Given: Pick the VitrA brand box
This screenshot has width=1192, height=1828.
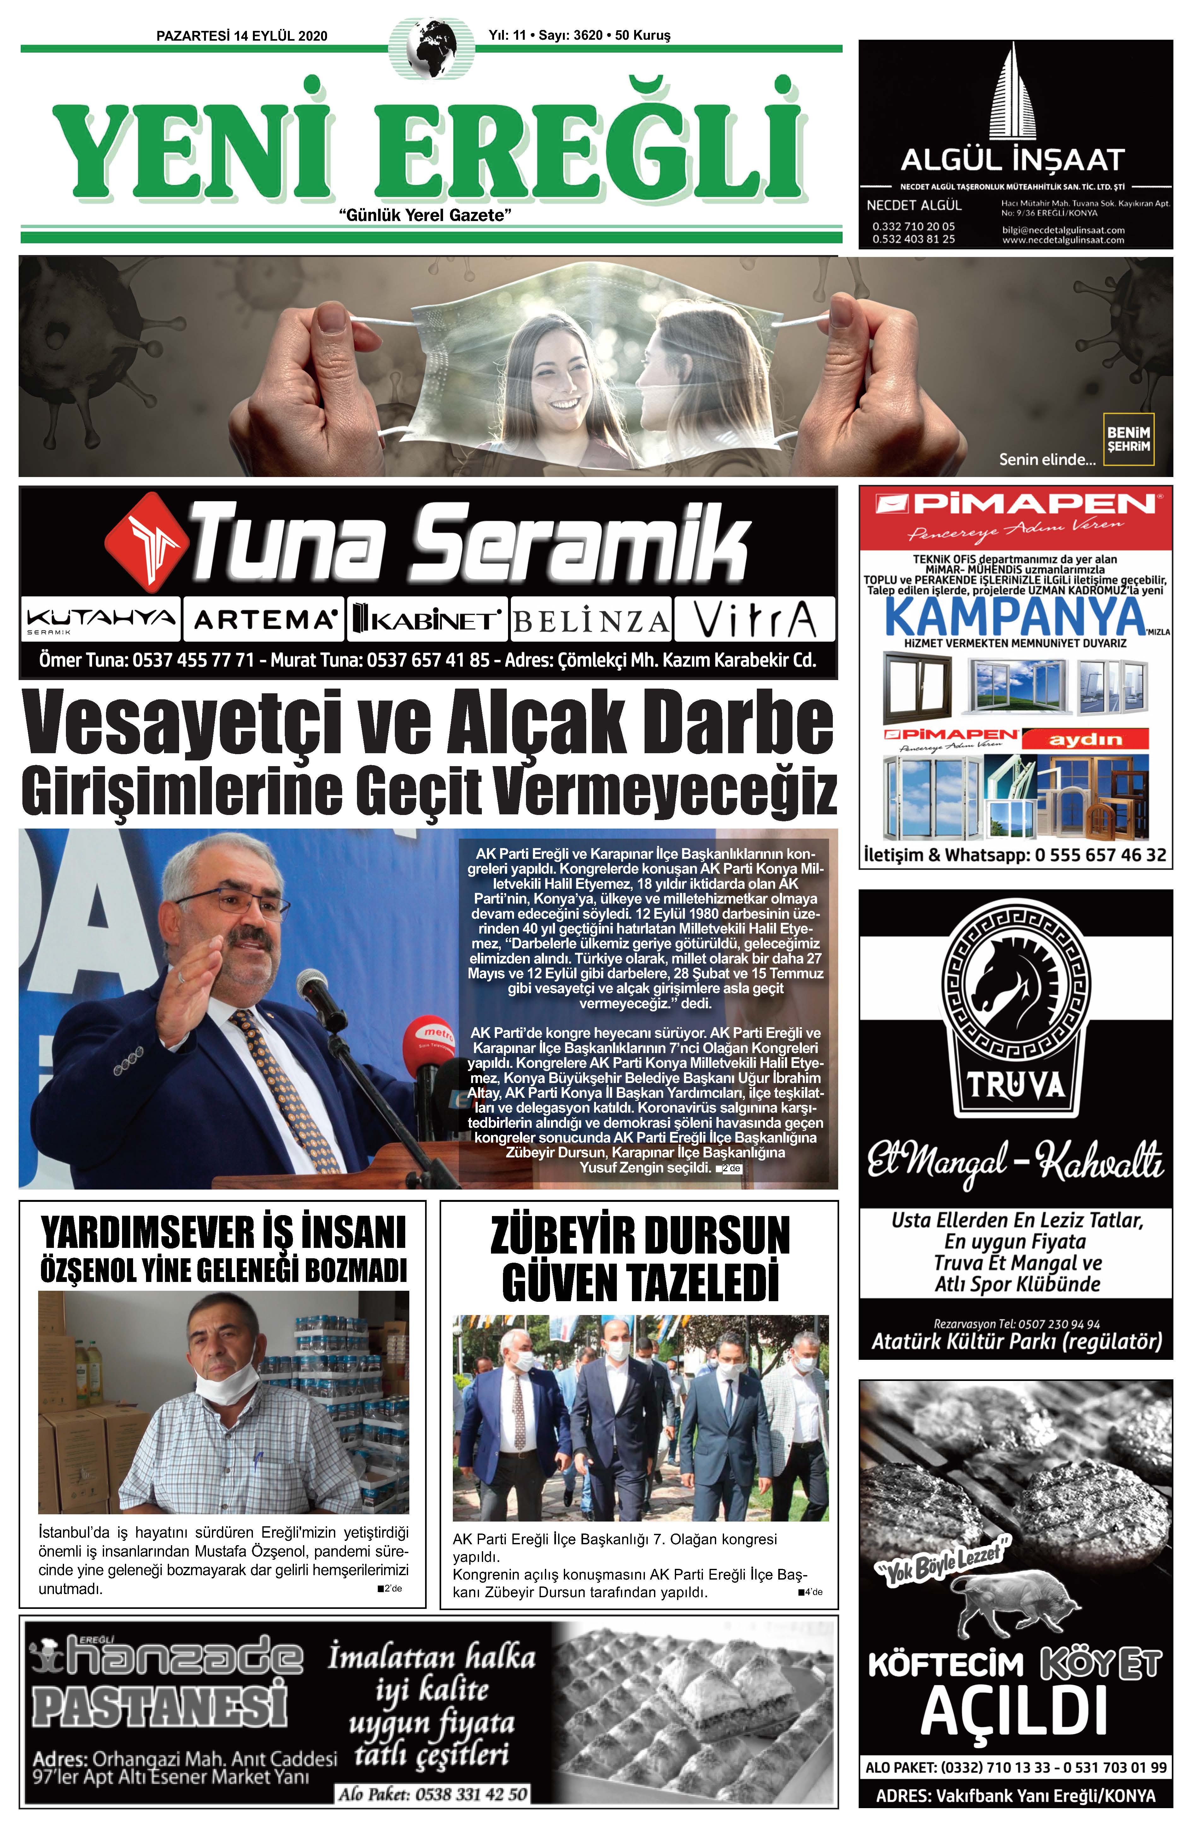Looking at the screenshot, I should click(754, 619).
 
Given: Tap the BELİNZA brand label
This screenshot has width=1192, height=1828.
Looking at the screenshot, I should click(590, 620).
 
